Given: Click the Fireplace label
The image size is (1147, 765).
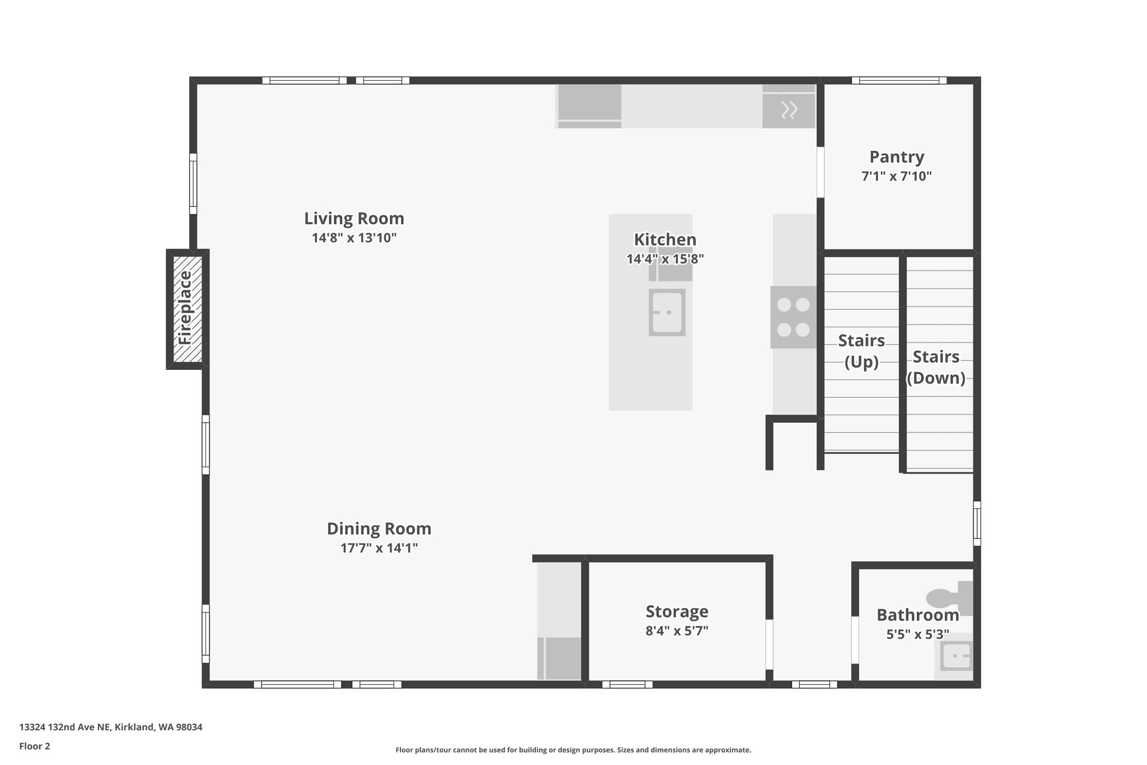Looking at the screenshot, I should [x=185, y=308].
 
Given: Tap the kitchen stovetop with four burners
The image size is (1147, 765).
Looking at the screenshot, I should [x=793, y=317].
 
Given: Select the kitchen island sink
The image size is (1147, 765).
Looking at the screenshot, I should [x=666, y=312].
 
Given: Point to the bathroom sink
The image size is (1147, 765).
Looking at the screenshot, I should [x=956, y=656].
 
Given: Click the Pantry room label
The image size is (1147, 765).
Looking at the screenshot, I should [x=896, y=157].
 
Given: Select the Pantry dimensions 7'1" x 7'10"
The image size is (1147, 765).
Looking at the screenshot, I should [x=896, y=177].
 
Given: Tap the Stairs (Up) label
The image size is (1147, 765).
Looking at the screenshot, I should [x=861, y=351].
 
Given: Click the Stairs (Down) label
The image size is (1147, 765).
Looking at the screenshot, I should [x=936, y=367].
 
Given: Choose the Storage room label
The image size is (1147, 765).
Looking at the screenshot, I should [x=677, y=611].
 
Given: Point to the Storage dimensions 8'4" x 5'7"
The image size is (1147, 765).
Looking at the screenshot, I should [x=677, y=631].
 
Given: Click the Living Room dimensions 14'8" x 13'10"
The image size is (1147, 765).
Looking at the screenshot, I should [x=354, y=238].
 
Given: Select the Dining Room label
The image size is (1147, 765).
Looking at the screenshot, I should [x=379, y=528].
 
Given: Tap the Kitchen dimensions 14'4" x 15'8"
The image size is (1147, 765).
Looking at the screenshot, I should [x=665, y=259].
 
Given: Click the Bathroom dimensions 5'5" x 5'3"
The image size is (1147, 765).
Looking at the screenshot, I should [x=917, y=634].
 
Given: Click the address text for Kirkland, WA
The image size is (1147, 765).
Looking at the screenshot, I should [x=110, y=727].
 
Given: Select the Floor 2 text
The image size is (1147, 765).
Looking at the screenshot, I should [x=35, y=747].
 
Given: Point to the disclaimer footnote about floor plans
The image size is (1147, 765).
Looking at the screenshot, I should [x=573, y=750].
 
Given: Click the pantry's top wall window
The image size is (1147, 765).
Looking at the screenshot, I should [x=899, y=81].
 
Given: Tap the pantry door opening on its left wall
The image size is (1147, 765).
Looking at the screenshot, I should [x=820, y=172].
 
